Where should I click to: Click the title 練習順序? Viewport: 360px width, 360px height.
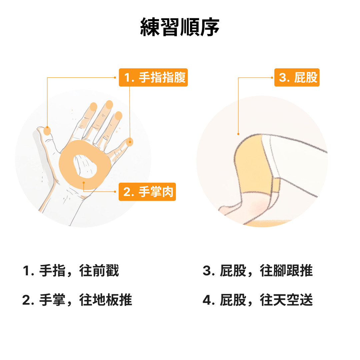tap(180, 27)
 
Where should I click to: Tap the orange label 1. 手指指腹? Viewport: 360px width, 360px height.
tap(153, 77)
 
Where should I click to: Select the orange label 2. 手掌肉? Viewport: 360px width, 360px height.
tap(147, 192)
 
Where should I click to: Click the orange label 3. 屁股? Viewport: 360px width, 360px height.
tap(297, 77)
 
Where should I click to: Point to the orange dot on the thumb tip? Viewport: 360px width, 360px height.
tap(47, 131)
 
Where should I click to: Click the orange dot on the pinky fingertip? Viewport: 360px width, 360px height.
tap(129, 142)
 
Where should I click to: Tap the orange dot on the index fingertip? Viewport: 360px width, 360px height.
tap(93, 107)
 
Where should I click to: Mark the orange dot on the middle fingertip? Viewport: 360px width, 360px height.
tap(109, 105)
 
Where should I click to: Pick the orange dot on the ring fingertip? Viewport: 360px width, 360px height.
tap(118, 116)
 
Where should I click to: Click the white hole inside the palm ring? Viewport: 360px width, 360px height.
tap(84, 166)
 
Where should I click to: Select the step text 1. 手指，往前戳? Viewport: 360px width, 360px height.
tap(71, 270)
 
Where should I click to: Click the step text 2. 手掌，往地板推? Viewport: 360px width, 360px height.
tap(77, 300)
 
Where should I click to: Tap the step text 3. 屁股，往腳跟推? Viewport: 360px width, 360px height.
tap(258, 270)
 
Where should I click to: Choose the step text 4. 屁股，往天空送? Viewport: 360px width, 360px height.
tap(258, 300)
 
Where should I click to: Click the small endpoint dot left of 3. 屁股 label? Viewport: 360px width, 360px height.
tap(272, 78)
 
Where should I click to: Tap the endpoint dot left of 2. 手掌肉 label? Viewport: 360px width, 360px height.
tap(115, 191)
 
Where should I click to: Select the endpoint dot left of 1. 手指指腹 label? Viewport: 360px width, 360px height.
tap(115, 78)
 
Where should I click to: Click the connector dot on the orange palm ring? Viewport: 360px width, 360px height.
tap(84, 183)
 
